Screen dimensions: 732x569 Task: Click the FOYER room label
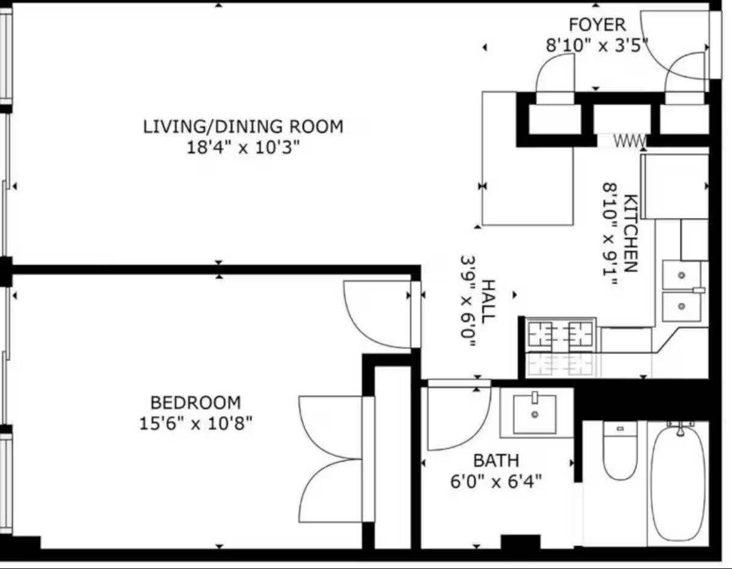point(597,24)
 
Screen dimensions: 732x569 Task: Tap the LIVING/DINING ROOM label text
point(243,127)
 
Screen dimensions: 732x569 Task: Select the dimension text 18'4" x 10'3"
point(243,148)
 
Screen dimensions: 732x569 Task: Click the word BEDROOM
point(195,403)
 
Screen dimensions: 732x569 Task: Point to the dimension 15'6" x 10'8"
point(195,423)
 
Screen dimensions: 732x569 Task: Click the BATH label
point(496,460)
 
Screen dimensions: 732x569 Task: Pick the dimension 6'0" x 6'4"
point(496,481)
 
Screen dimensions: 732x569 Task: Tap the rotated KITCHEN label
point(631,233)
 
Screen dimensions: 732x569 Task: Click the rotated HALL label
point(488,302)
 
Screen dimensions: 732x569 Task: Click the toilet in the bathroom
point(620,451)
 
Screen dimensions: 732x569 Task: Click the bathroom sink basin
point(534,414)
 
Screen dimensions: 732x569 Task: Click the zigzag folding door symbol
point(630,141)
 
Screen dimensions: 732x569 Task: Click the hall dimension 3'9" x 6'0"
point(468,302)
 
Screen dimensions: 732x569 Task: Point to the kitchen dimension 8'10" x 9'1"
point(610,234)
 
